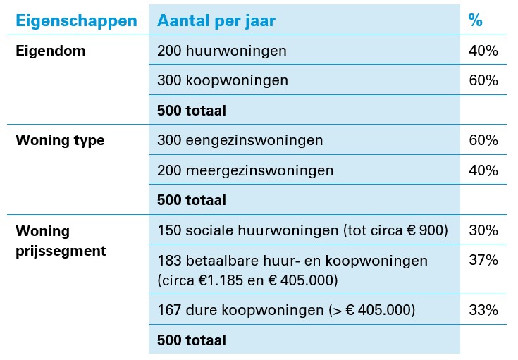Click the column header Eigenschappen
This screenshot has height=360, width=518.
76,20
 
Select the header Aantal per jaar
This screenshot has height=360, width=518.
216,20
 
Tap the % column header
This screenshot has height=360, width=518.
476,20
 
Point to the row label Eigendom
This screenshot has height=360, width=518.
51,51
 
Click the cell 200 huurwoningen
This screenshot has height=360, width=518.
222,51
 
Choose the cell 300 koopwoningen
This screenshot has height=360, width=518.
223,80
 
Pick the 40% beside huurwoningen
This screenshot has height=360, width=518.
483,51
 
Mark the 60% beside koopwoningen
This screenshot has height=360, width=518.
483,80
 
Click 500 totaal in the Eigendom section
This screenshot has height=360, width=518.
192,111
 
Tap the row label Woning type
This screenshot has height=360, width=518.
60,140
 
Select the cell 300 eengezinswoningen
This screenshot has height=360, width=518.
240,140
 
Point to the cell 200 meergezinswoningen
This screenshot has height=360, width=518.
245,170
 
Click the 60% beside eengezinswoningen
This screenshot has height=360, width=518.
483,140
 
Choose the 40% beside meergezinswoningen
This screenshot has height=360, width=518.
483,170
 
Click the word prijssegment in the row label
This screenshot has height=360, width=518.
61,250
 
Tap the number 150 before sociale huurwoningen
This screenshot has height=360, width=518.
169,230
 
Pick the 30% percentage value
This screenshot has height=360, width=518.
483,230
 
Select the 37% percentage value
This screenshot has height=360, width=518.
483,261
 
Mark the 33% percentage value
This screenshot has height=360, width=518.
483,310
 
